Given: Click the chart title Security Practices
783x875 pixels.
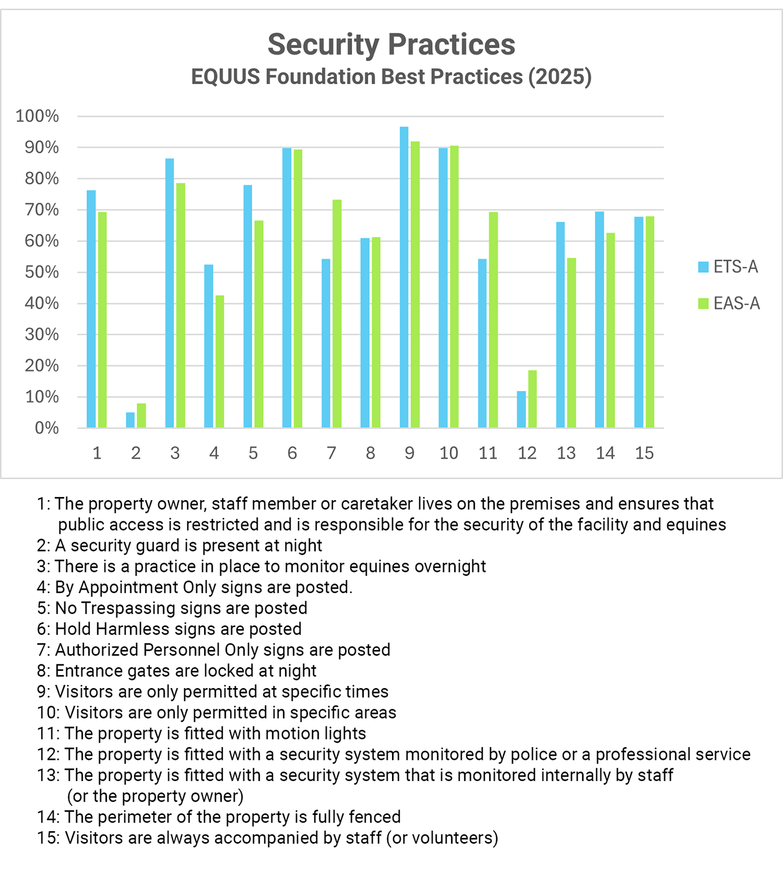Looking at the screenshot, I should click(x=391, y=44).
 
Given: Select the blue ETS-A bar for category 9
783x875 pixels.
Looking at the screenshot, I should click(x=404, y=278).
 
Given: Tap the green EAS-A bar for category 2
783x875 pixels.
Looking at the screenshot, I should click(x=141, y=416).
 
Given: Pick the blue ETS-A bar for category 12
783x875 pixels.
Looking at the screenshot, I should click(x=521, y=409).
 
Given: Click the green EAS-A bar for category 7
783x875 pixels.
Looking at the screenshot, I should click(x=337, y=314).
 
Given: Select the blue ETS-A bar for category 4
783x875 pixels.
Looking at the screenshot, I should click(x=208, y=346).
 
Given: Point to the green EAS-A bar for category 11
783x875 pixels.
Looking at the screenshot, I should click(x=493, y=320).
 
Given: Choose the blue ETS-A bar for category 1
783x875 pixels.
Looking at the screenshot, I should click(x=91, y=309).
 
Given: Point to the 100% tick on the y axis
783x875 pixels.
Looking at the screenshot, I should click(x=37, y=116).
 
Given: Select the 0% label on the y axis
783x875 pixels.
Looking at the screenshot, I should click(x=46, y=428).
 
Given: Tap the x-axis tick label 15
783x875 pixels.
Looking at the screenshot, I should click(x=644, y=453).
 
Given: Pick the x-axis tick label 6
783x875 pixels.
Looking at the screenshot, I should click(x=292, y=453).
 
